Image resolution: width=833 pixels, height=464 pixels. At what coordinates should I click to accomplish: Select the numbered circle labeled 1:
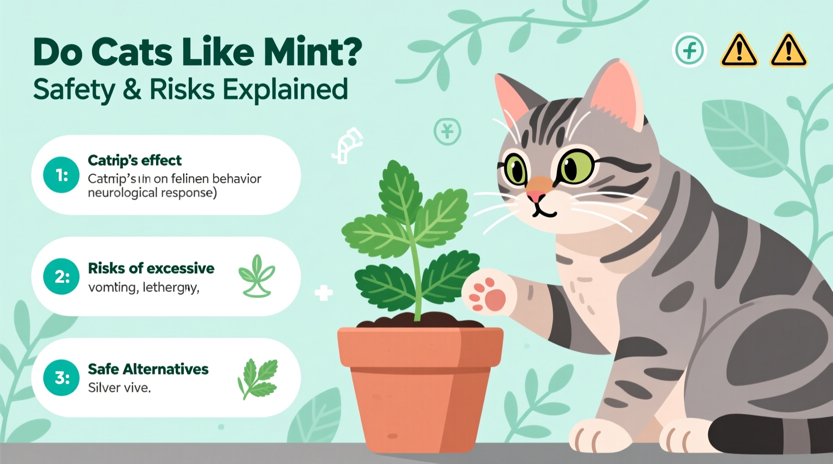point(62,175)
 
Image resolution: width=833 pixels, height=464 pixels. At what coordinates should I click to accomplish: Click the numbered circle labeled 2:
point(62,276)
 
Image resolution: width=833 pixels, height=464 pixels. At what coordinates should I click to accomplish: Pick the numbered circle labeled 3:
point(62,377)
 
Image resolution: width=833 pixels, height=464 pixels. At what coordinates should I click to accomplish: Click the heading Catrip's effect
point(135,160)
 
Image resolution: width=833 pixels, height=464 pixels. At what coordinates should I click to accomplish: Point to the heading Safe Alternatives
point(148,369)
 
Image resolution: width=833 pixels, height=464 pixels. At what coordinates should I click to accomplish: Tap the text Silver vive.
point(119,387)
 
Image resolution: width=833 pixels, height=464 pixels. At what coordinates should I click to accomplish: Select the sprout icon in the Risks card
point(257,276)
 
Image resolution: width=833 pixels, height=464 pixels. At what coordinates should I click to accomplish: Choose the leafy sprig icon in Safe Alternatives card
point(258,378)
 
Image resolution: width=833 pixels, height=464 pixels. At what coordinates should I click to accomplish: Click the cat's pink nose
point(536,195)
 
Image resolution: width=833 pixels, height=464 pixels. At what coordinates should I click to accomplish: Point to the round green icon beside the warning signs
point(689,50)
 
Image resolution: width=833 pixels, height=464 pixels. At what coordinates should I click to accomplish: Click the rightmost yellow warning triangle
point(788,51)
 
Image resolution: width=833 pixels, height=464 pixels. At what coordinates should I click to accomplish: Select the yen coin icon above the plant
point(447,131)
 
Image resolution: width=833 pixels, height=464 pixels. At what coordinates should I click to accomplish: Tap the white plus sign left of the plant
point(323,293)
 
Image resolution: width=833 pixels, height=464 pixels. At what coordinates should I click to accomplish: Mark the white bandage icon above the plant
point(347,145)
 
